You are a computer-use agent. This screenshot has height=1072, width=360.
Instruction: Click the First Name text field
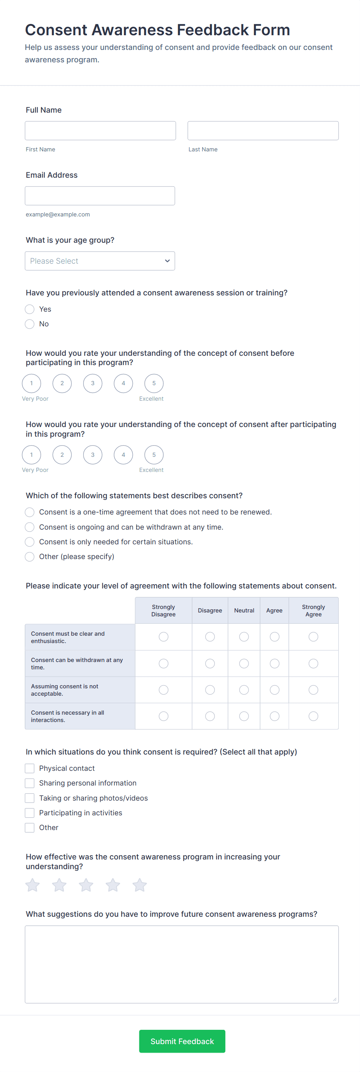100,131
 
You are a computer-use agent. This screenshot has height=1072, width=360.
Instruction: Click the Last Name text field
262,131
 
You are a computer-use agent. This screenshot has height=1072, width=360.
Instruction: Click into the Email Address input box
100,196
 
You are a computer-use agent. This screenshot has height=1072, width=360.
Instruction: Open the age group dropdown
100,261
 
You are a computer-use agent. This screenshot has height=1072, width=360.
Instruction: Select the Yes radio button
29,309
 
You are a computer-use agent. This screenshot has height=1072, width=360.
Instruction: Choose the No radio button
29,324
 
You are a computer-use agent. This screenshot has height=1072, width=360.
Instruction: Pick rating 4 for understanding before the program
123,383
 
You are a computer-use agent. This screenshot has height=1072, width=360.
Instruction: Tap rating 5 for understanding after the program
154,455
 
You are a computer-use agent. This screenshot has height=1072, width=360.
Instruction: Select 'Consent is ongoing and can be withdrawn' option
29,527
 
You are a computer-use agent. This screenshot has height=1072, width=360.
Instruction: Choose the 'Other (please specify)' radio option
29,557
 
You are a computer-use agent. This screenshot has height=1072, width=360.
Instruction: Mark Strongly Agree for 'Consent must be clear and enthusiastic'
314,637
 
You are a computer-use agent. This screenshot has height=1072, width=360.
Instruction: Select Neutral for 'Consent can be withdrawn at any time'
244,663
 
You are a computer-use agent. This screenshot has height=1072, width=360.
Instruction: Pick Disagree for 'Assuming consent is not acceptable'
210,690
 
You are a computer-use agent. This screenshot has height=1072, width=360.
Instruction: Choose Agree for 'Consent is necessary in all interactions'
274,716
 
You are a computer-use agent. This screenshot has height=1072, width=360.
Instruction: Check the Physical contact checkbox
29,768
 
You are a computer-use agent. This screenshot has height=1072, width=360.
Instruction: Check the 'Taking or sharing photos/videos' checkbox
29,798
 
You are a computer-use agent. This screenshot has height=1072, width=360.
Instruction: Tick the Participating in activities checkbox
29,813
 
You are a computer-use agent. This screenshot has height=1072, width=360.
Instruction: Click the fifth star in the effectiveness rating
139,885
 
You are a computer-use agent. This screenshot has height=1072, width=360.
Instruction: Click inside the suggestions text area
182,964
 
